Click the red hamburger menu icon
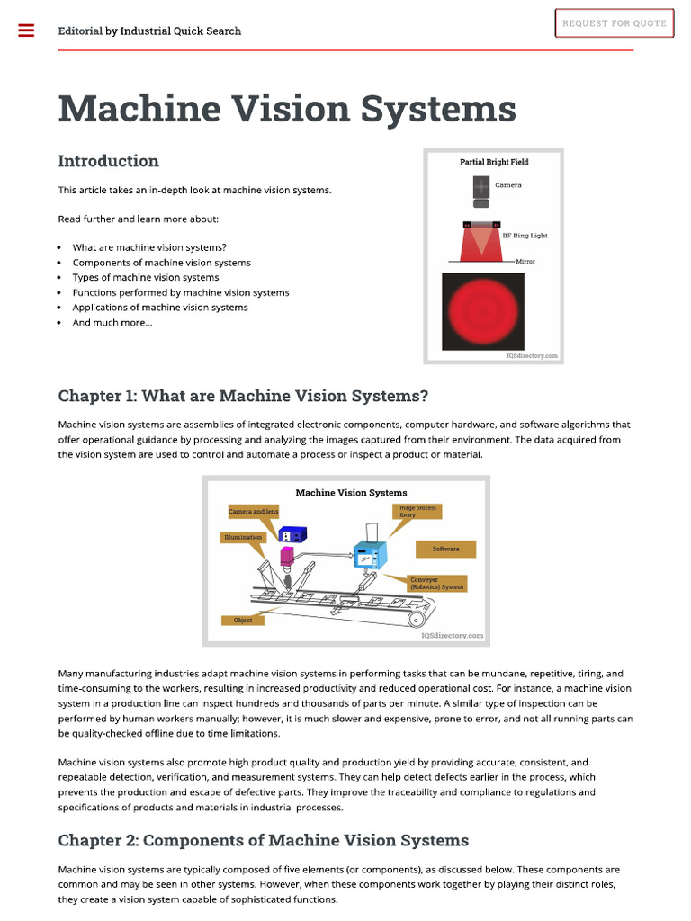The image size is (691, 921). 26,31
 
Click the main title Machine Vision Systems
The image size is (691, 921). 287,109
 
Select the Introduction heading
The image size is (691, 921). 108,161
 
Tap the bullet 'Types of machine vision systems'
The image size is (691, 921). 146,277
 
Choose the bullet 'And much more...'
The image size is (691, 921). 112,322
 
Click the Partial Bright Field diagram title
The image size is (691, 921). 494,162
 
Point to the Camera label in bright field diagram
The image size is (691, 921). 507,185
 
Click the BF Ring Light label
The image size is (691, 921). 524,236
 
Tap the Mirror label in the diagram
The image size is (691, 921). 525,261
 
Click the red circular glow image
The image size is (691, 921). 483,310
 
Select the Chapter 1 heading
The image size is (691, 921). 243,396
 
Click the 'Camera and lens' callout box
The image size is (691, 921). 253,512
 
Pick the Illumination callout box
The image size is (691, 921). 243,537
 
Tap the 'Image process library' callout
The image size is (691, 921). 417,511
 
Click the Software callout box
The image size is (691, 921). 445,549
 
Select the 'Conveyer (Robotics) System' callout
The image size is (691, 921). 436,583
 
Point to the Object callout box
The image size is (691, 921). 243,620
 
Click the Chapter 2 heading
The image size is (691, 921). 263,840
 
